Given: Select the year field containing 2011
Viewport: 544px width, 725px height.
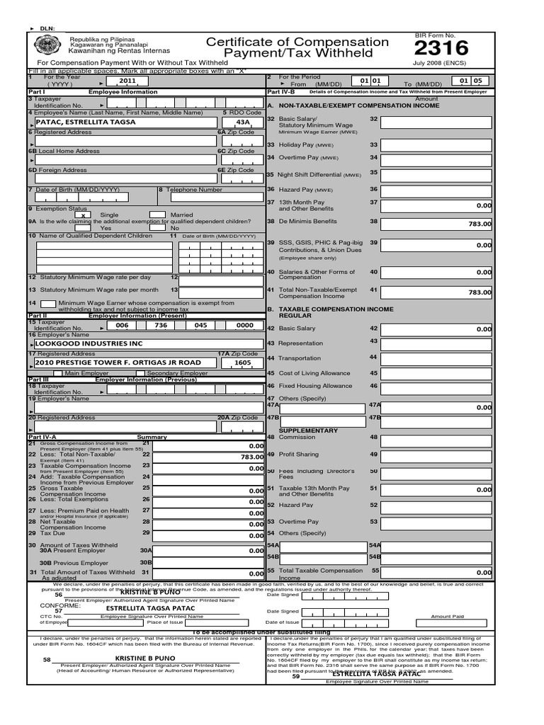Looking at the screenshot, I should click(127, 81).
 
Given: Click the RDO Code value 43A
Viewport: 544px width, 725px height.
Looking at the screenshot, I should click(234, 122).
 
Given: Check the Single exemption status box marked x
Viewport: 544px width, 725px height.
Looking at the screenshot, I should click(84, 215).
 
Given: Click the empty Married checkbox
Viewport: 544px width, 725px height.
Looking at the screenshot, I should click(157, 215).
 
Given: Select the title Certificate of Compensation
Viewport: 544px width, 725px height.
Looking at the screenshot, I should click(297, 42).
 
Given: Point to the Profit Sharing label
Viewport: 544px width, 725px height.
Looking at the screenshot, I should click(298, 455).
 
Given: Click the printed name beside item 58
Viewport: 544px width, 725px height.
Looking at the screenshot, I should click(144, 658).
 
